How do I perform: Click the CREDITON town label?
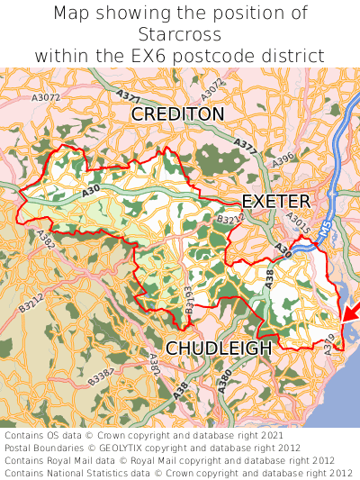[177, 114]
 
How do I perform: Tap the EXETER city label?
[275, 201]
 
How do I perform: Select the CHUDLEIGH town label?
[218, 348]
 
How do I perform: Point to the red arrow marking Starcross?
[350, 312]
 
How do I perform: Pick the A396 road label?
[283, 158]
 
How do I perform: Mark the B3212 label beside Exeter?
[230, 218]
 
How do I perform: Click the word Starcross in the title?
[180, 34]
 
